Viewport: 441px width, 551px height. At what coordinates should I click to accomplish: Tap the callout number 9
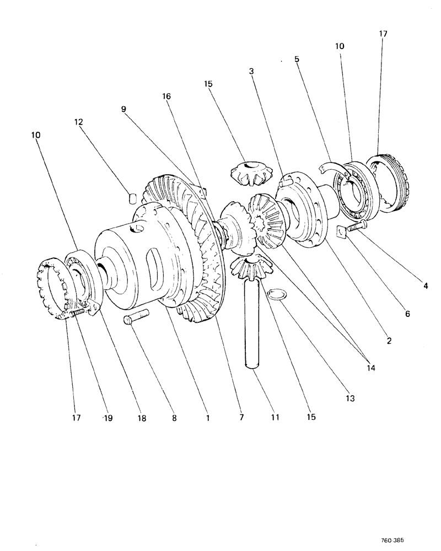125,110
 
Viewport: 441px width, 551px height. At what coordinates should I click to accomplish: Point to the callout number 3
251,71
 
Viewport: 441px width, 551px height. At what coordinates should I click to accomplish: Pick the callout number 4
425,285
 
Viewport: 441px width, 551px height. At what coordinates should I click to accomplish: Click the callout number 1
207,418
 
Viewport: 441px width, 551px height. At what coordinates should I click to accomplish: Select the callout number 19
107,418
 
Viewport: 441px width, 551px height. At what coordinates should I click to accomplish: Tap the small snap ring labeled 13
277,295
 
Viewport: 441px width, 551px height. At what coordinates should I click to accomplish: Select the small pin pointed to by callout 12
132,198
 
